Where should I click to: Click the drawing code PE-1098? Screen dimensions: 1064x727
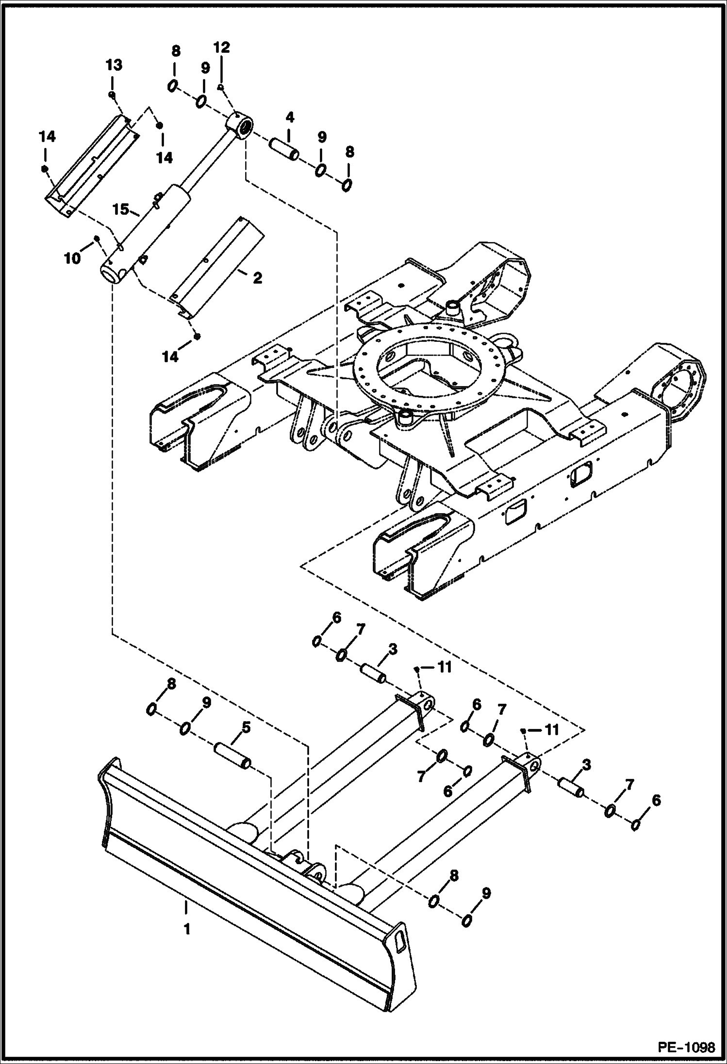686,1046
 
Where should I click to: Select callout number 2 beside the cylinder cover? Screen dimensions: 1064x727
257,278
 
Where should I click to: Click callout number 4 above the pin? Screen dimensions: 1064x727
289,117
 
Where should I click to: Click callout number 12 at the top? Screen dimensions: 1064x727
221,48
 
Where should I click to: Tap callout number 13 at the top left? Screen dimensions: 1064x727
115,64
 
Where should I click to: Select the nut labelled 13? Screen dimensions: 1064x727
112,94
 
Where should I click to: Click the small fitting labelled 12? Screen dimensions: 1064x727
220,87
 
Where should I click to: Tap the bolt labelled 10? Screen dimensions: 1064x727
97,238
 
